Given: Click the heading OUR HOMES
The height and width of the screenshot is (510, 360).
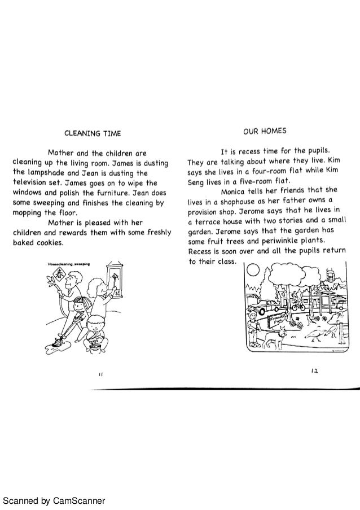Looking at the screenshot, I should [x=264, y=130].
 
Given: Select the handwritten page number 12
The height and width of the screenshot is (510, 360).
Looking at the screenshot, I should [x=314, y=370].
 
